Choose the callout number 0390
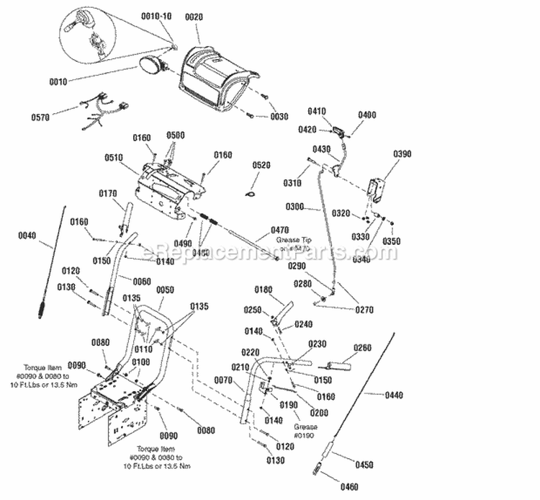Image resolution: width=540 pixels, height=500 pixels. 402,153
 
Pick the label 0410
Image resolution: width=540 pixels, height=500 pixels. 317,111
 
